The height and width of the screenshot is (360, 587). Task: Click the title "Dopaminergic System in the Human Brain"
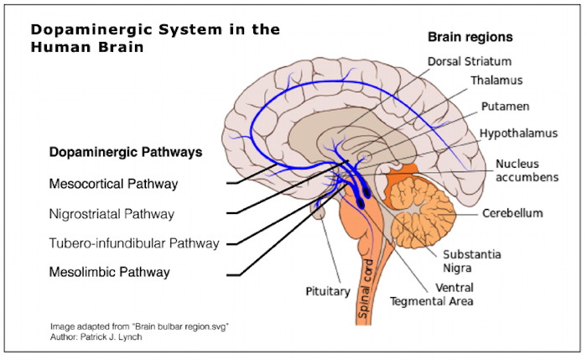pos(155,38)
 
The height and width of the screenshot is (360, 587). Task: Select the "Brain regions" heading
pos(470,38)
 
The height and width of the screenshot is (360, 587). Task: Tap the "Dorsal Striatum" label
pos(470,61)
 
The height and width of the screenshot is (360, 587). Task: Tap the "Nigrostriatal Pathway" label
pos(112,214)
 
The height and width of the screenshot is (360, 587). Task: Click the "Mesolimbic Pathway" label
pos(109,271)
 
